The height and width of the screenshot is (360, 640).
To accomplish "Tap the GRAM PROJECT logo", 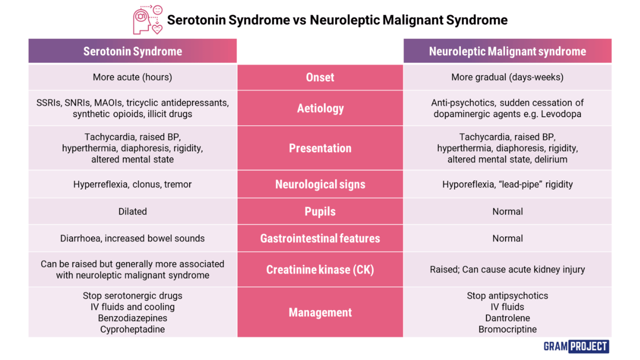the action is tap(576, 346).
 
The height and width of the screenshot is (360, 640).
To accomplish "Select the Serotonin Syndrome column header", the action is tap(133, 51).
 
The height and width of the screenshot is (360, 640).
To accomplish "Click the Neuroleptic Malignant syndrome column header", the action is tap(507, 51).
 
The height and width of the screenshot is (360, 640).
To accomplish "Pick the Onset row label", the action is tap(320, 77).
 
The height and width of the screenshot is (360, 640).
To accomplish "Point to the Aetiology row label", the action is tap(320, 108).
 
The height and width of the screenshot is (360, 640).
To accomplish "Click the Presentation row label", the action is tap(320, 148).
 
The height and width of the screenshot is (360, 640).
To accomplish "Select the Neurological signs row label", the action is tap(320, 184).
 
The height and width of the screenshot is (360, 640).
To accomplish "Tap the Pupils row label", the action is tap(320, 211).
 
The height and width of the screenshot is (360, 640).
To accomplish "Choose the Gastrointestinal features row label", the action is tap(320, 238).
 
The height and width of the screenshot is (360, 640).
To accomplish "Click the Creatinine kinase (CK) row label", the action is tap(320, 269).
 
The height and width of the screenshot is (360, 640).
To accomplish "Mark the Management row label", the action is tap(320, 312).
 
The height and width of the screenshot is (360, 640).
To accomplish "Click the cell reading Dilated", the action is tap(133, 211).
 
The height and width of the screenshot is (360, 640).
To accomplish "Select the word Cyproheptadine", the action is tap(133, 329).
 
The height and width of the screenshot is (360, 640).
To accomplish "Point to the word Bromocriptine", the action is tap(507, 329).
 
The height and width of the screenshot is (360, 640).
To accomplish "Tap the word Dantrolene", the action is tap(507, 318).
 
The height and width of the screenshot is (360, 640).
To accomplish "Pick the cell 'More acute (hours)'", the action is tap(133, 77).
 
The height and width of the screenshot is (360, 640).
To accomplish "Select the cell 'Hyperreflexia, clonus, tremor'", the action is tap(133, 184).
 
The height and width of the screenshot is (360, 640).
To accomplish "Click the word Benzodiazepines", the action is tap(133, 318).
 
